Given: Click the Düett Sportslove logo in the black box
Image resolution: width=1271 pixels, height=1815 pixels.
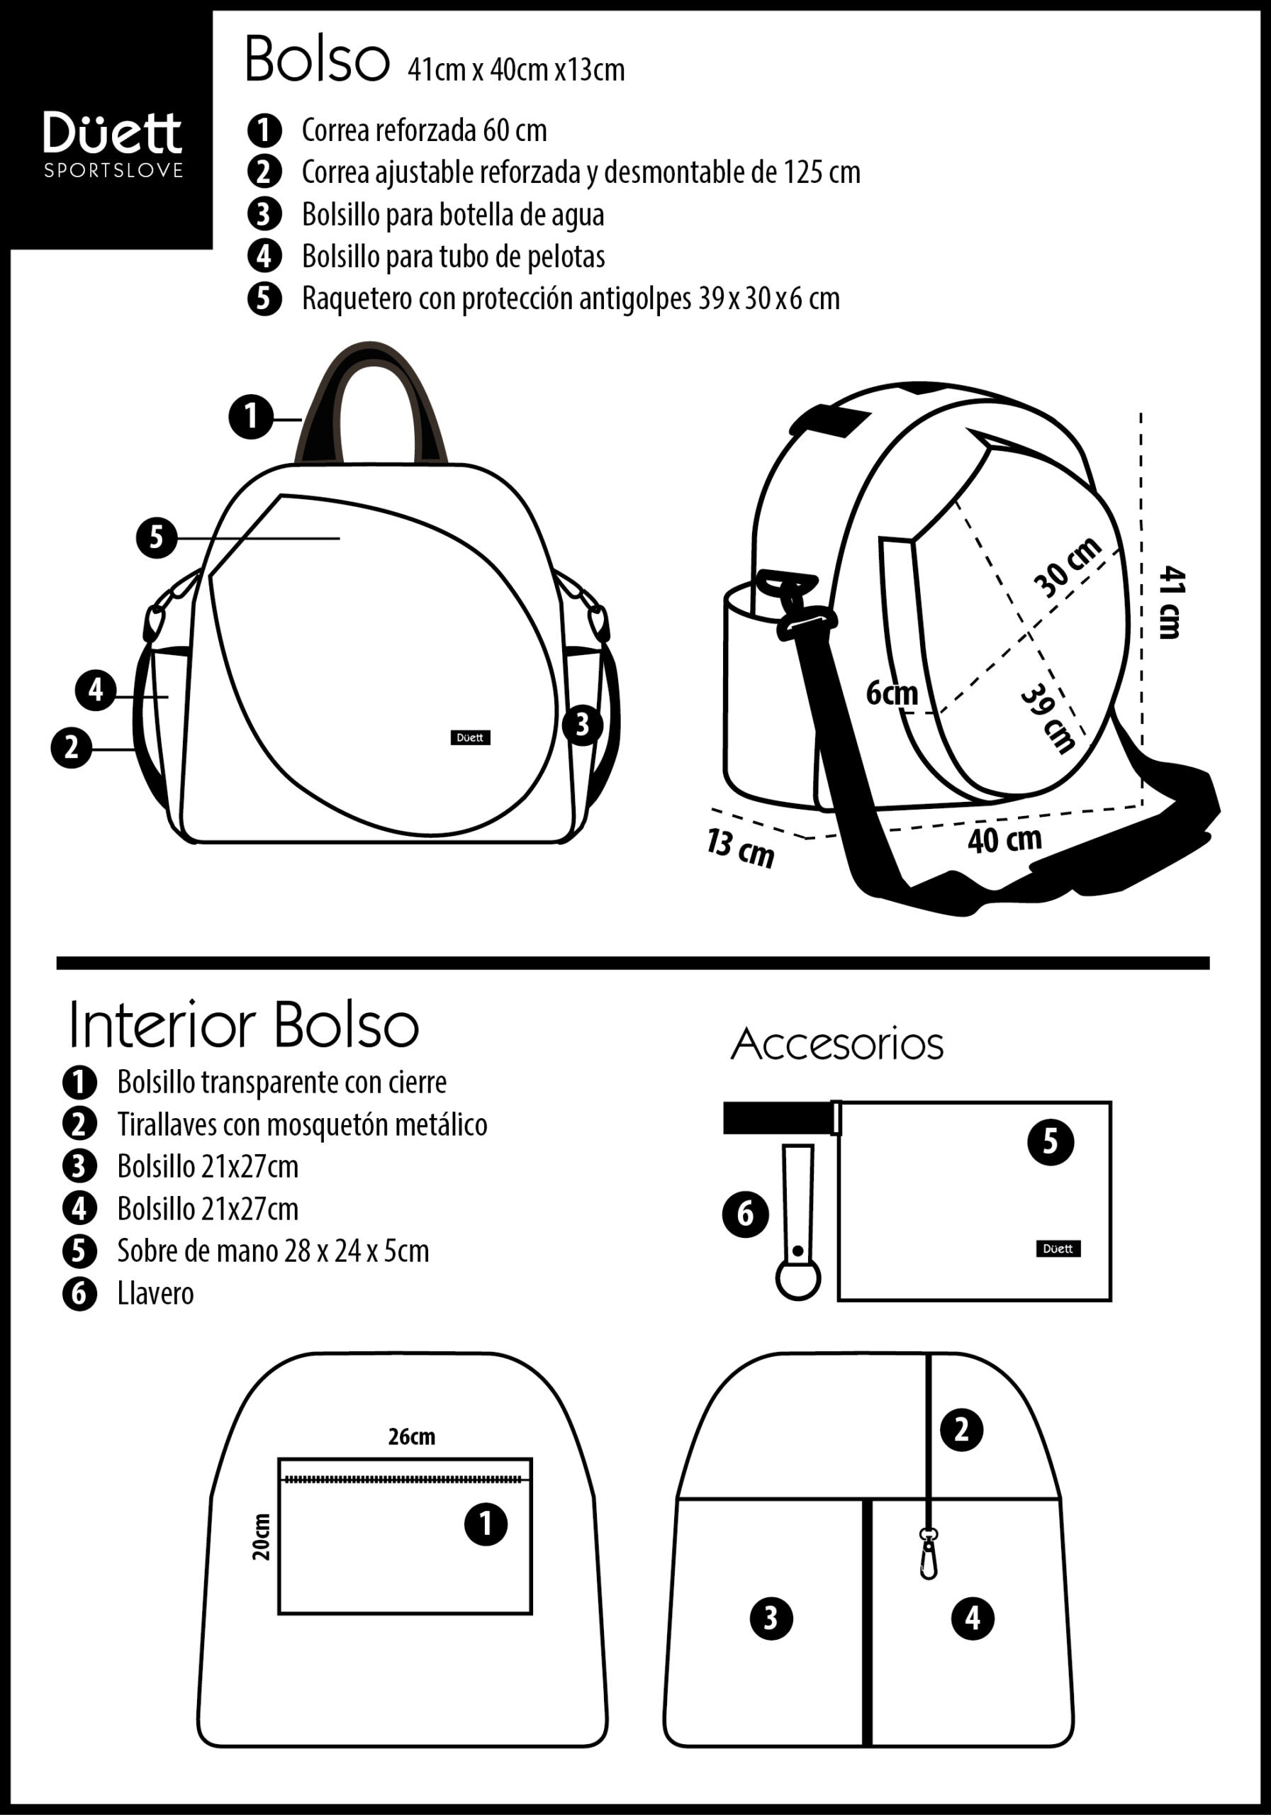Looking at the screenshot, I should (x=113, y=143).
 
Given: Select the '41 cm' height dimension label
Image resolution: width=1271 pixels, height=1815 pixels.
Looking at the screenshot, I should (x=1170, y=602).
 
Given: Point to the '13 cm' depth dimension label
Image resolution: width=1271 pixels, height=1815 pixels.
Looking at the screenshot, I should (x=740, y=847).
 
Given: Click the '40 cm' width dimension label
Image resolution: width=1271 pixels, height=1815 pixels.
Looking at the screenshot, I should (x=1004, y=839).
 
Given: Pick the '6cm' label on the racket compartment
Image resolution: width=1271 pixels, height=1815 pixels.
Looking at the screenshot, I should (x=892, y=693).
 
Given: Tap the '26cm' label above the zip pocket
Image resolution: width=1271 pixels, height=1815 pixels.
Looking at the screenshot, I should (x=411, y=1436).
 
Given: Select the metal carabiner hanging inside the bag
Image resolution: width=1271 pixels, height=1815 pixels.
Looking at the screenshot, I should (x=929, y=1554).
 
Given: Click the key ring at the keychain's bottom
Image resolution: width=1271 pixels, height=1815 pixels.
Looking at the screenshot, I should (x=797, y=1278).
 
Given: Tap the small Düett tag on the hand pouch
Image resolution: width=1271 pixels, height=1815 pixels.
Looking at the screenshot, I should (x=1058, y=1249).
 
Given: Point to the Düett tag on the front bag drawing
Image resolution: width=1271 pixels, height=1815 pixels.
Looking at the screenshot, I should (x=470, y=737).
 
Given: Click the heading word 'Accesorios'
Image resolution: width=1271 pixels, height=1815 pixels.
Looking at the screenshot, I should (x=837, y=1045).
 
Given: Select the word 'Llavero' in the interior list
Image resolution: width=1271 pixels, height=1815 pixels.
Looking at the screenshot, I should (x=156, y=1294).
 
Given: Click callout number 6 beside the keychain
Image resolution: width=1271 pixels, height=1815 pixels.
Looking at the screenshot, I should (x=745, y=1213).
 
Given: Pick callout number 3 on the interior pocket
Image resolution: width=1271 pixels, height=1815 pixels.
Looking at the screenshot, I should (x=771, y=1618).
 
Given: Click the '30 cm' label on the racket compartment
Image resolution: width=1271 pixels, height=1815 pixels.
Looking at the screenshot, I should (x=1067, y=566).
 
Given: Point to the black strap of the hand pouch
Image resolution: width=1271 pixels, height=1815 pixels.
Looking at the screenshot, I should (x=778, y=1118).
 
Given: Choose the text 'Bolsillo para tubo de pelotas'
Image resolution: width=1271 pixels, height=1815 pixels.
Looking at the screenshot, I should (x=454, y=256).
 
